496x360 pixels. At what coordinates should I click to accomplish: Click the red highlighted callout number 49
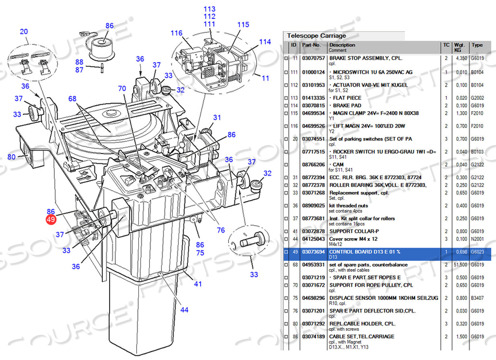click(51, 220)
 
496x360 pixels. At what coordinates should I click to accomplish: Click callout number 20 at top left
click(23, 32)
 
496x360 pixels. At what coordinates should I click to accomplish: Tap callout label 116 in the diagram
click(176, 33)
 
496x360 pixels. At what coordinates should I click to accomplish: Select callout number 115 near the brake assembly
click(243, 25)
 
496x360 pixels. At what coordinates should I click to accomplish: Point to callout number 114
click(265, 42)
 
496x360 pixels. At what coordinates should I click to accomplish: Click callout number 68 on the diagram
click(72, 99)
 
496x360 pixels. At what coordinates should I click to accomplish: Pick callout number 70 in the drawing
click(122, 89)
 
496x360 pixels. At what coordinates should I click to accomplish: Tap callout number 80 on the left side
click(11, 157)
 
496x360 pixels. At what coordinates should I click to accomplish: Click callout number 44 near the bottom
click(185, 310)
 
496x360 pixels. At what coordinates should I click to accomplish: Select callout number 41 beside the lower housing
click(198, 284)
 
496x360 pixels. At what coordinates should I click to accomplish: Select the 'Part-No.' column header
click(312, 45)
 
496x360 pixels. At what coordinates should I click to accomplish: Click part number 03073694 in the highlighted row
click(313, 252)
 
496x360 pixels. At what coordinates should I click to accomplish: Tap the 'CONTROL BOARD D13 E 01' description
click(364, 252)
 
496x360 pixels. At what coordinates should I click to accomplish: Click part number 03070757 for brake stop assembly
click(313, 59)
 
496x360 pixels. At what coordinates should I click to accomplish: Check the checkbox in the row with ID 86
click(286, 337)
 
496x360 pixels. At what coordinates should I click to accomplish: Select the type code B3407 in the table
click(477, 297)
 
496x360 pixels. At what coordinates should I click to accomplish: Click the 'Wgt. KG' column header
click(460, 48)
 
